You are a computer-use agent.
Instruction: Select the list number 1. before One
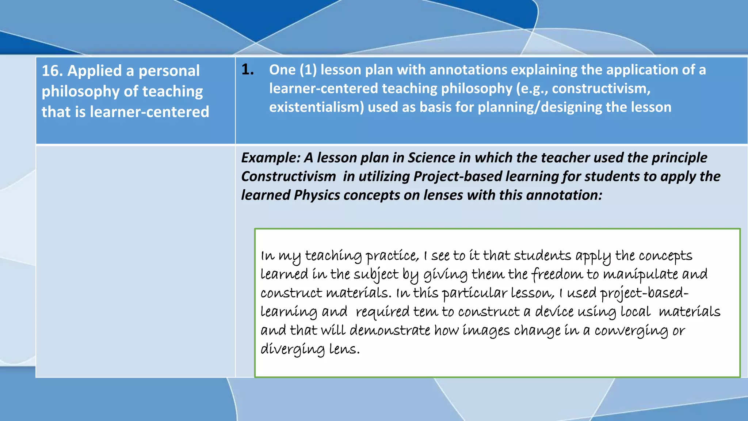point(248,69)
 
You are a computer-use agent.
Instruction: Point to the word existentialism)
point(317,107)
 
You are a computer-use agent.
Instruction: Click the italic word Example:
point(271,158)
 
